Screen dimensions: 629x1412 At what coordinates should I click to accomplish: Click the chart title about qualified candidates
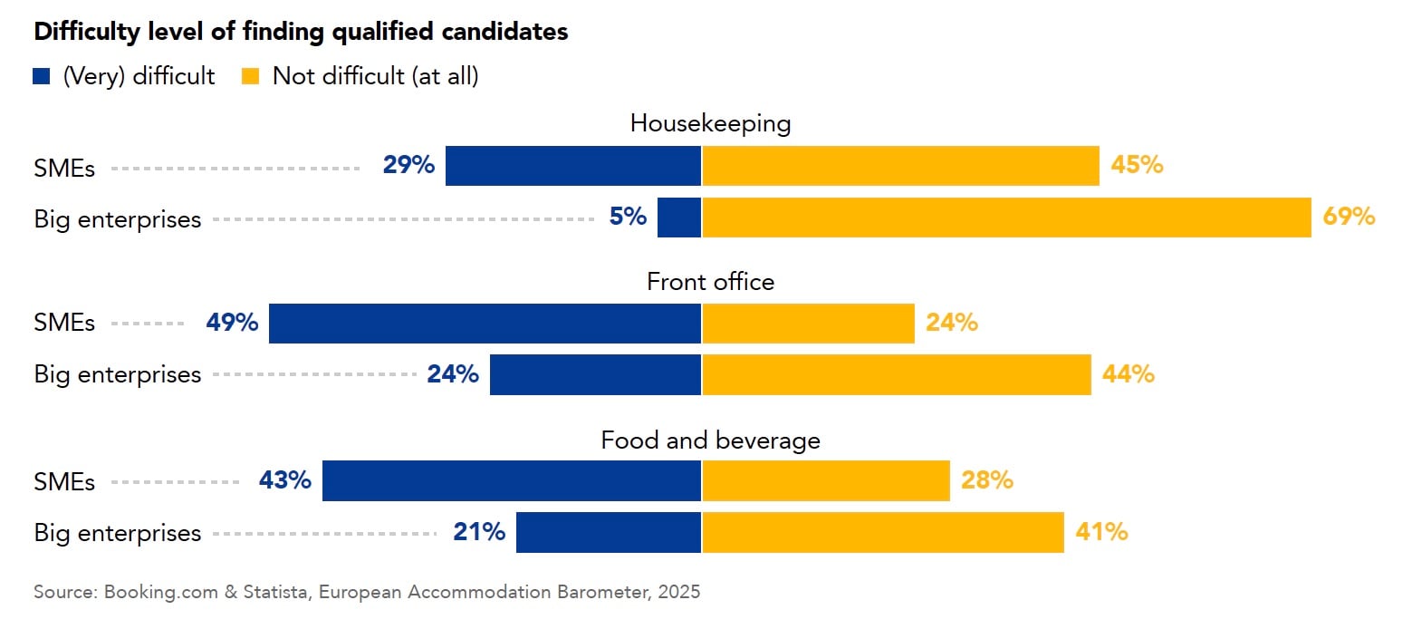[x=301, y=32]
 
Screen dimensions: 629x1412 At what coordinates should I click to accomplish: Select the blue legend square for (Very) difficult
[x=42, y=77]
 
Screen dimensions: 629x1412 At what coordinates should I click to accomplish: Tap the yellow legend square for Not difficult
[x=251, y=77]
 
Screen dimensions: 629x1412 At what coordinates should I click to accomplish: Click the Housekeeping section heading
[x=710, y=123]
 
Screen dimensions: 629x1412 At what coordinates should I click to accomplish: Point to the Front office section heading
[x=710, y=282]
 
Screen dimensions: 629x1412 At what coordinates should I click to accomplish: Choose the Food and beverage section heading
[x=710, y=440]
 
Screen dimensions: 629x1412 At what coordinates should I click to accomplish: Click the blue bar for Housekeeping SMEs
[x=573, y=166]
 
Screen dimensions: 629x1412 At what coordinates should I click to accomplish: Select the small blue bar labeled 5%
[x=679, y=218]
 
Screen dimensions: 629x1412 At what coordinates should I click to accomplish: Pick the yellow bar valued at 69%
[x=1006, y=218]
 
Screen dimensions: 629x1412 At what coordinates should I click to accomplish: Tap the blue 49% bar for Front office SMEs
[x=485, y=324]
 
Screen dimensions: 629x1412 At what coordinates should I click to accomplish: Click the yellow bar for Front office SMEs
[x=808, y=324]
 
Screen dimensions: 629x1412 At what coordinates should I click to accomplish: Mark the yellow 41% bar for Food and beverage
[x=883, y=532]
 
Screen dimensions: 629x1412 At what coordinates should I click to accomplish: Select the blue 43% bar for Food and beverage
[x=512, y=480]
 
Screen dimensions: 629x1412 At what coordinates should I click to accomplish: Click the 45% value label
[x=1137, y=166]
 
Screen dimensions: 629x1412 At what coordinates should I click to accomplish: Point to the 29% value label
[x=408, y=166]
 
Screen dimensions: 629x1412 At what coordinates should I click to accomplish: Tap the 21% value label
[x=479, y=532]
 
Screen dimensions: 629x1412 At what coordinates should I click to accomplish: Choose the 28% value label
[x=986, y=480]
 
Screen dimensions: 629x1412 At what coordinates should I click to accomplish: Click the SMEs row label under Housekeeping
[x=64, y=169]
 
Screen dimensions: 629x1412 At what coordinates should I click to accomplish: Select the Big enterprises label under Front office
[x=118, y=374]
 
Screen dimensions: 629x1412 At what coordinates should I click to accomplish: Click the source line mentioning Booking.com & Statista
[x=367, y=593]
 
